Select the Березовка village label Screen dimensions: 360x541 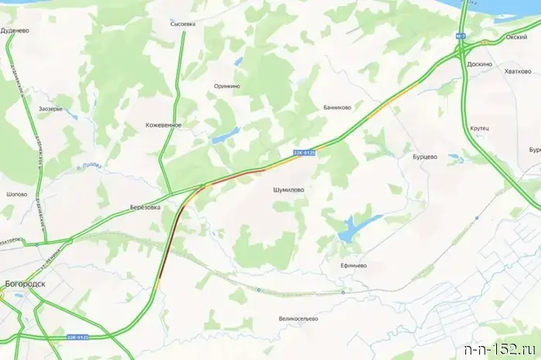pos(145,208)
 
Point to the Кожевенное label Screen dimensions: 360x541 pos(163,124)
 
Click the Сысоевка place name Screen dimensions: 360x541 pos(183,24)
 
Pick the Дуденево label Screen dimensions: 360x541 pos(15,32)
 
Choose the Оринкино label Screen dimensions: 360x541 pos(226,87)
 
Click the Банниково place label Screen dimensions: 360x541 pos(338,108)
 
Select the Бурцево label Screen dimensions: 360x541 pos(425,156)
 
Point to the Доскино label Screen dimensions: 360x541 pos(479,65)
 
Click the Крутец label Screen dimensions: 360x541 pos(479,127)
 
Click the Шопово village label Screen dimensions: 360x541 pos(15,195)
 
